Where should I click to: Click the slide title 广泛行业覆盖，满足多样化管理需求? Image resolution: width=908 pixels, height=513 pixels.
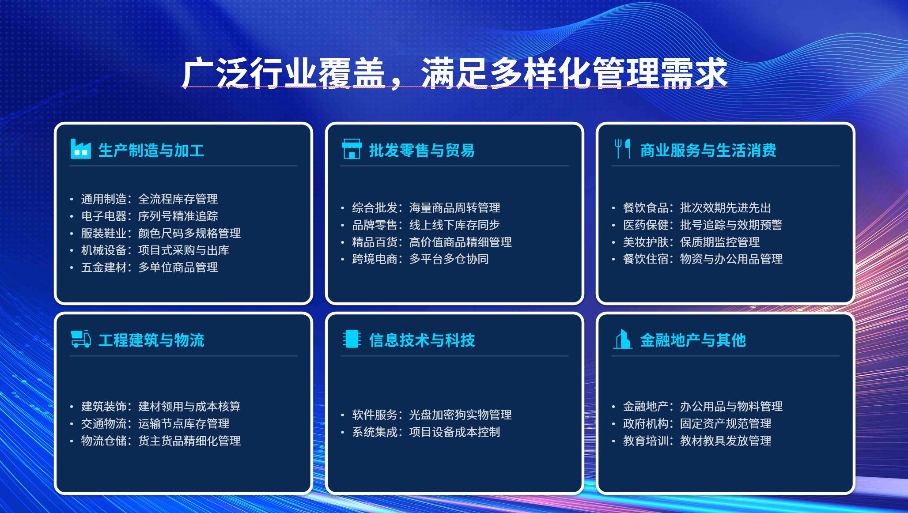point(454,73)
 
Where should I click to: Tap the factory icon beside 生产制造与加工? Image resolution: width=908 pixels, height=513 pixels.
point(80,149)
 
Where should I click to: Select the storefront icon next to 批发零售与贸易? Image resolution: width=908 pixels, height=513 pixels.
point(352,149)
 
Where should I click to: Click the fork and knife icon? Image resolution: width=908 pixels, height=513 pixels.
point(623,149)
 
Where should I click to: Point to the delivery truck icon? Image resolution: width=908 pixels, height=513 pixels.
point(81,339)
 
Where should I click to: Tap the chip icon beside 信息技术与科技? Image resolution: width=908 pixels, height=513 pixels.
point(352,339)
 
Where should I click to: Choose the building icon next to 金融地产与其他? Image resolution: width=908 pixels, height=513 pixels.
point(623,339)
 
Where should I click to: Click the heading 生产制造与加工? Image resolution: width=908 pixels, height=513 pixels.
point(151,150)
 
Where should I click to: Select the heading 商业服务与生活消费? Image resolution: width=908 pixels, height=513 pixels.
point(708,150)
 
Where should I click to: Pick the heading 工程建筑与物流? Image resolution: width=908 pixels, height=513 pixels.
point(151,340)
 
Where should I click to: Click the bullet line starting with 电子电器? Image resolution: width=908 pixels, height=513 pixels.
point(149,216)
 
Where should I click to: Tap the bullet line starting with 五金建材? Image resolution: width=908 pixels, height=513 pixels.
point(149,267)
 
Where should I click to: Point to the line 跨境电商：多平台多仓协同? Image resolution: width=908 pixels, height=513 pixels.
point(420,259)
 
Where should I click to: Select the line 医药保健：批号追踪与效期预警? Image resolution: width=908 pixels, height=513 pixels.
point(703,225)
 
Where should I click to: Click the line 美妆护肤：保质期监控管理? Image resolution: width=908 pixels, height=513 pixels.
point(691,242)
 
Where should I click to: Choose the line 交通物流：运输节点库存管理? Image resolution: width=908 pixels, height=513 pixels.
point(155,423)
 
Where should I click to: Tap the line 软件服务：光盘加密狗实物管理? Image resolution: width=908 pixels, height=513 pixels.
point(431,415)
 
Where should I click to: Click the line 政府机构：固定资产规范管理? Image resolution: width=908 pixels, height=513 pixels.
point(697,423)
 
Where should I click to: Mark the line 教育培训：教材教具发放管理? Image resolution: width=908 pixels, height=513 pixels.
point(697,441)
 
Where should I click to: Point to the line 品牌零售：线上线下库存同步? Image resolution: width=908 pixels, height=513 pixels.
point(426,225)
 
